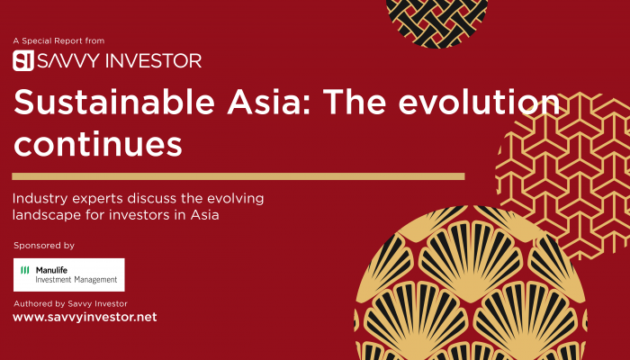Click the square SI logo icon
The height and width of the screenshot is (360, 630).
(x=22, y=60)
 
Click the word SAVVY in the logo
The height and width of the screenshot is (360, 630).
(x=68, y=60)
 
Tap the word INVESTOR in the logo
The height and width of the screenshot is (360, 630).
(x=154, y=60)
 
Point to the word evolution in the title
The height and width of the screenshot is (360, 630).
(x=479, y=102)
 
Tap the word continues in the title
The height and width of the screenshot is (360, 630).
(x=98, y=145)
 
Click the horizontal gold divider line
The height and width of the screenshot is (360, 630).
(x=238, y=176)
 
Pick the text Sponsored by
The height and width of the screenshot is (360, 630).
(x=44, y=246)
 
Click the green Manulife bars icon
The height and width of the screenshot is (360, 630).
(x=25, y=270)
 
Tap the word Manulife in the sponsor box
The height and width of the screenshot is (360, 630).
(x=51, y=270)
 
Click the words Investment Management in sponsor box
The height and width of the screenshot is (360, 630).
(x=76, y=280)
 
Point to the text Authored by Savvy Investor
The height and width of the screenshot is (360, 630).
(x=71, y=304)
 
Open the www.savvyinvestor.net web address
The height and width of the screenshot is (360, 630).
(x=85, y=318)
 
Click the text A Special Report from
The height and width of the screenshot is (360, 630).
(x=58, y=40)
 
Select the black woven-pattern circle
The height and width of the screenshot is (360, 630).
(x=436, y=20)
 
